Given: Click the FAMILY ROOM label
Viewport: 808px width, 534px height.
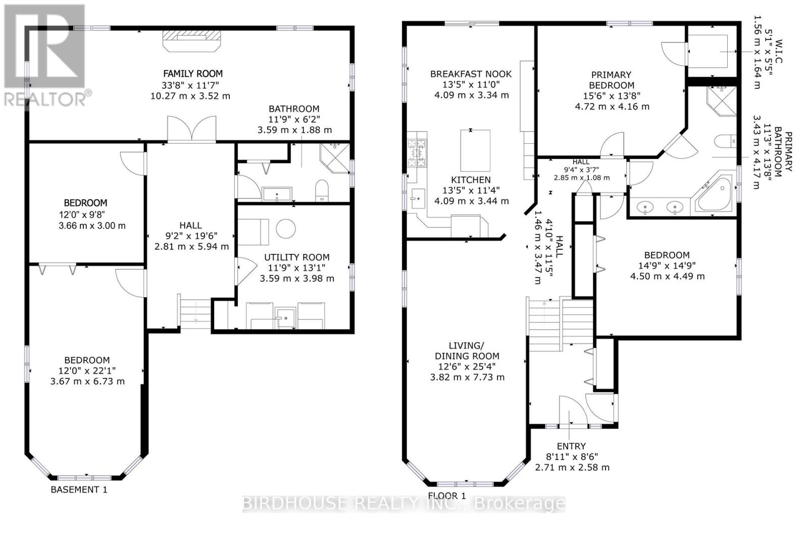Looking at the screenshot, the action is (193, 74).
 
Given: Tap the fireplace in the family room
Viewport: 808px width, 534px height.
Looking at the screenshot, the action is (191, 41).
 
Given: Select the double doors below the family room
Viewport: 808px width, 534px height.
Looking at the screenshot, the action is (191, 129).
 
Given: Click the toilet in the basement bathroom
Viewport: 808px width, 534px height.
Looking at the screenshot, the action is (322, 190).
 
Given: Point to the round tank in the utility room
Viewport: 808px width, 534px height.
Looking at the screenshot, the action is (286, 229).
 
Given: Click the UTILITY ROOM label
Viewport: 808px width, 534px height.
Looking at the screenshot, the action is (297, 257).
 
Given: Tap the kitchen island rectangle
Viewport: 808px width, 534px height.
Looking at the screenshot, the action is (475, 151).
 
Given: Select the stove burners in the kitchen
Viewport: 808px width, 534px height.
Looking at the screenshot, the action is (417, 153).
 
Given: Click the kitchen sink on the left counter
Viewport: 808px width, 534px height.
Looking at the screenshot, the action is (418, 198).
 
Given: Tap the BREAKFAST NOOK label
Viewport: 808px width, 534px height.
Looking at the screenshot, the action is (471, 74).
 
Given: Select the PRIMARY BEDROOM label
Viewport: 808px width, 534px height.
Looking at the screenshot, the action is (612, 80).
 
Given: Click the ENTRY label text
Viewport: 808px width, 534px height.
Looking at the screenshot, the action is (571, 446).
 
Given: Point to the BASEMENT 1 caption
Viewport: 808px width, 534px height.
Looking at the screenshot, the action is (79, 489).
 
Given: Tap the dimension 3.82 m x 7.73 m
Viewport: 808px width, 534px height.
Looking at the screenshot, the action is (467, 377).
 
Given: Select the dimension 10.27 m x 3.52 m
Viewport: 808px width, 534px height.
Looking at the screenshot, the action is (190, 96).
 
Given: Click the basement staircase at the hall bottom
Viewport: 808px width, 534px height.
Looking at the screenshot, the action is (194, 311).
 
